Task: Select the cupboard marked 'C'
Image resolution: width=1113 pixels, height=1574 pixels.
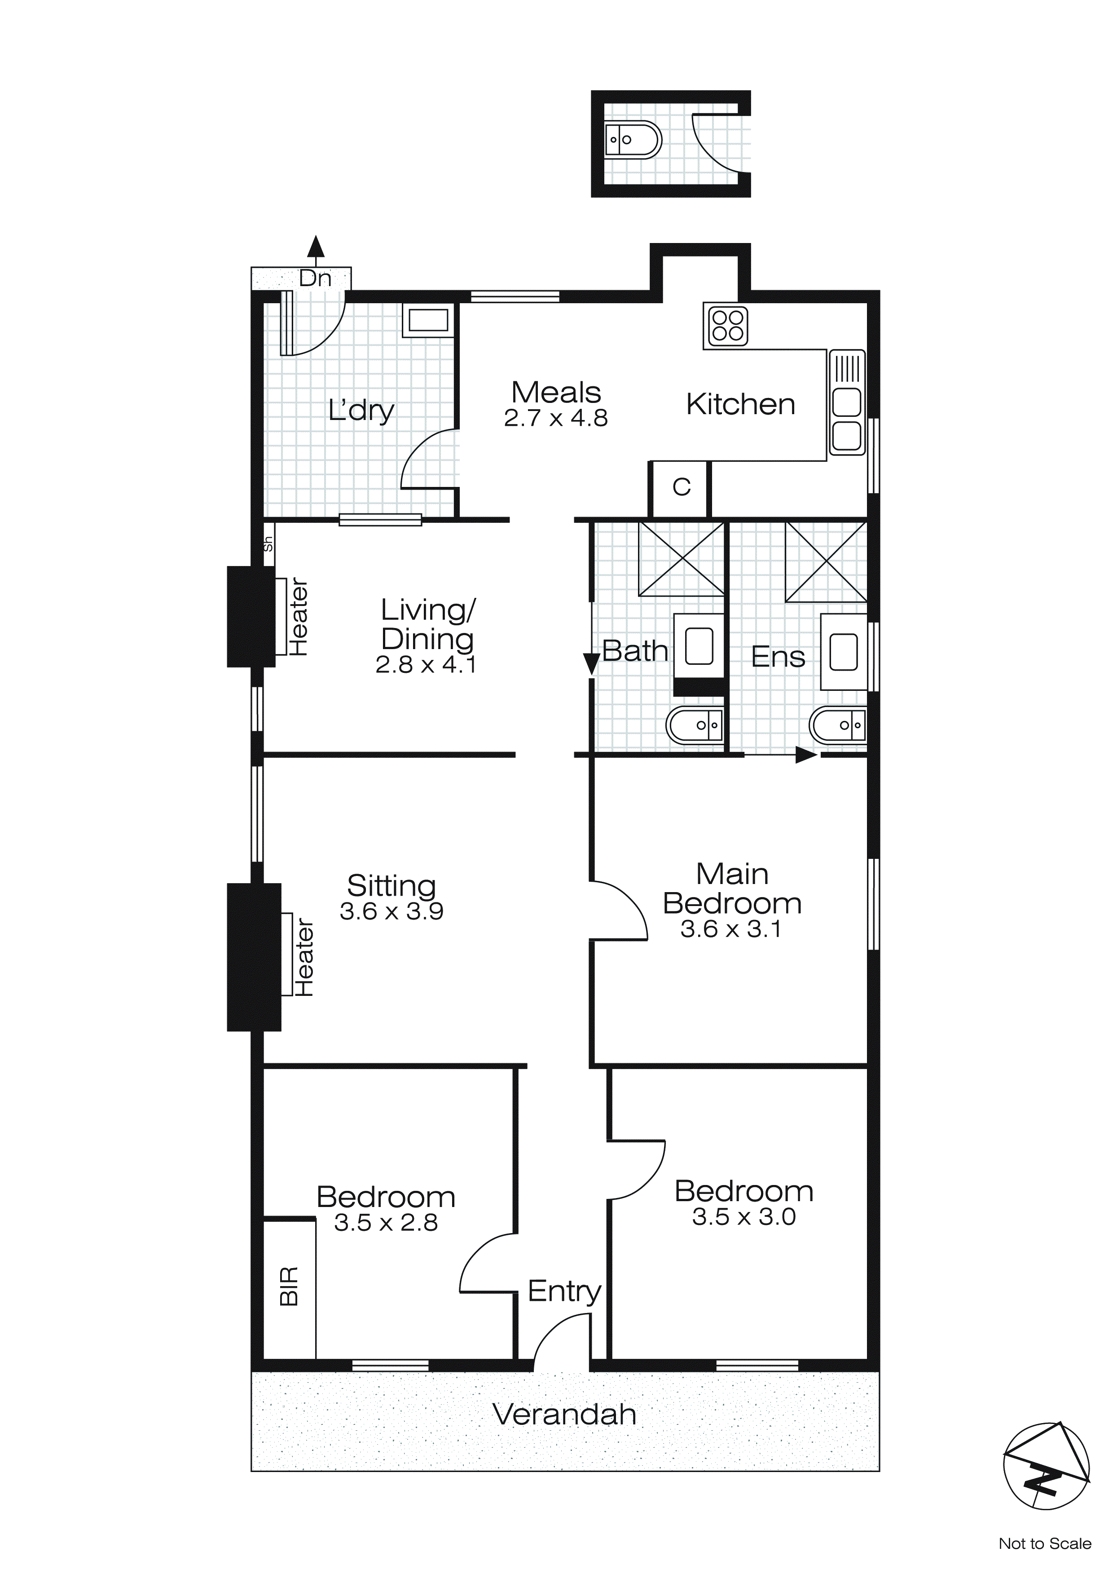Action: tap(681, 487)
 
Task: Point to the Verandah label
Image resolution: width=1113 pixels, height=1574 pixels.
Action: tap(564, 1414)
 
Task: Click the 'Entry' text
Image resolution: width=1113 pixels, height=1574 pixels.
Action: tap(564, 1291)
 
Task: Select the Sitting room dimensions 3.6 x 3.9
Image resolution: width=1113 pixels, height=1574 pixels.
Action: tap(392, 911)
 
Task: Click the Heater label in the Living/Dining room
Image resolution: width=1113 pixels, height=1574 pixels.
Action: tap(298, 618)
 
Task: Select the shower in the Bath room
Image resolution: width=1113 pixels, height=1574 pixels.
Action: tap(681, 559)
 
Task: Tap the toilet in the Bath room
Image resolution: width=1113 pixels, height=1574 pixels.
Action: tap(694, 725)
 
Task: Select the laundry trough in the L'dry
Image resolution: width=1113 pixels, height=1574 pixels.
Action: tap(428, 321)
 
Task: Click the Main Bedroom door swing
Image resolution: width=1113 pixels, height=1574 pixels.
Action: tap(619, 910)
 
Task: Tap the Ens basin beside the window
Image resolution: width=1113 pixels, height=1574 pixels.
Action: tap(843, 651)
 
